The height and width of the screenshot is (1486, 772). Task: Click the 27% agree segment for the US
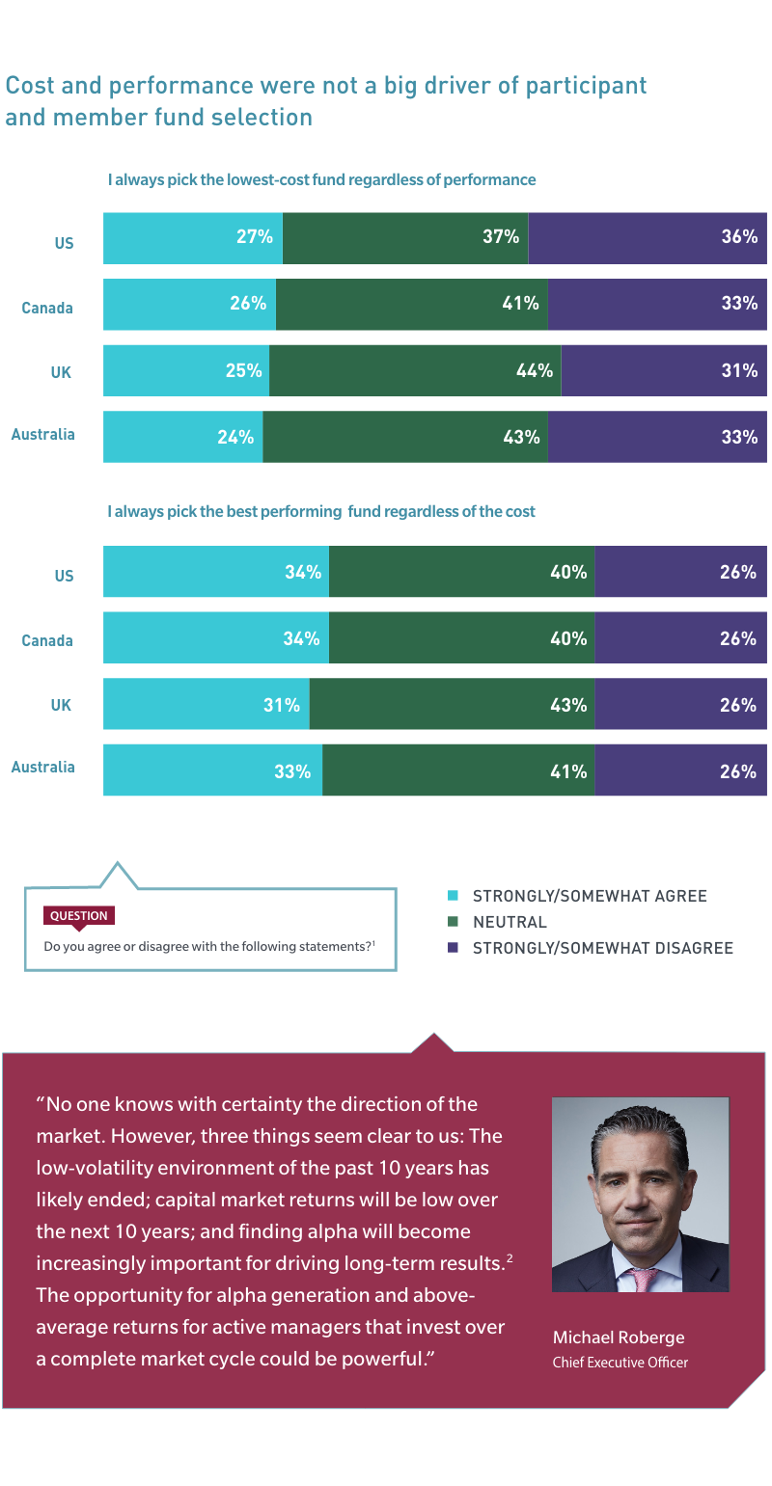pyautogui.click(x=193, y=237)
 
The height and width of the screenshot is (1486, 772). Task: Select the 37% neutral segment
pyautogui.click(x=405, y=237)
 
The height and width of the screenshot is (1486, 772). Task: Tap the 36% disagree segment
pyautogui.click(x=648, y=237)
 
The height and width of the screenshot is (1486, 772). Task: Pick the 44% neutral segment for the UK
pyautogui.click(x=415, y=370)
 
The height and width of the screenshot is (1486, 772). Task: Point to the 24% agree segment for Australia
pyautogui.click(x=183, y=437)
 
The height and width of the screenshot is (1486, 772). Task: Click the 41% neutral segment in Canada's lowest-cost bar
pyautogui.click(x=411, y=304)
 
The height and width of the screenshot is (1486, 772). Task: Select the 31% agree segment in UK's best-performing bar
pyautogui.click(x=207, y=705)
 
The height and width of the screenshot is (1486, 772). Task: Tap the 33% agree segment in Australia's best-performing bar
pyautogui.click(x=212, y=771)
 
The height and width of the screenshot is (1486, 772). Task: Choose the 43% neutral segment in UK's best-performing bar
pyautogui.click(x=452, y=705)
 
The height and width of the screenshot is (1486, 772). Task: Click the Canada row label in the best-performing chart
pyautogui.click(x=47, y=640)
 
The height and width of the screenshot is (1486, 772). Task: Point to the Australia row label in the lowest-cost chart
pyautogui.click(x=42, y=435)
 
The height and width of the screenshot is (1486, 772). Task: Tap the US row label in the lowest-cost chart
pyautogui.click(x=64, y=244)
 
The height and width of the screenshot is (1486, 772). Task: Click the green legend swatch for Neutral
pyautogui.click(x=453, y=922)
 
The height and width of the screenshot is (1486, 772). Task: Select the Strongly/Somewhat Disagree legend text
pyautogui.click(x=602, y=948)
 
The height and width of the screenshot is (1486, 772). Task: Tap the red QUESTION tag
pyautogui.click(x=79, y=916)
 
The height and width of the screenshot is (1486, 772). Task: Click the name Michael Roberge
pyautogui.click(x=618, y=1337)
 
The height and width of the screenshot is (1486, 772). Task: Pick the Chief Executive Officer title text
pyautogui.click(x=620, y=1363)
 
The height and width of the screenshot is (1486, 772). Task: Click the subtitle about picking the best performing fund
pyautogui.click(x=320, y=512)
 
